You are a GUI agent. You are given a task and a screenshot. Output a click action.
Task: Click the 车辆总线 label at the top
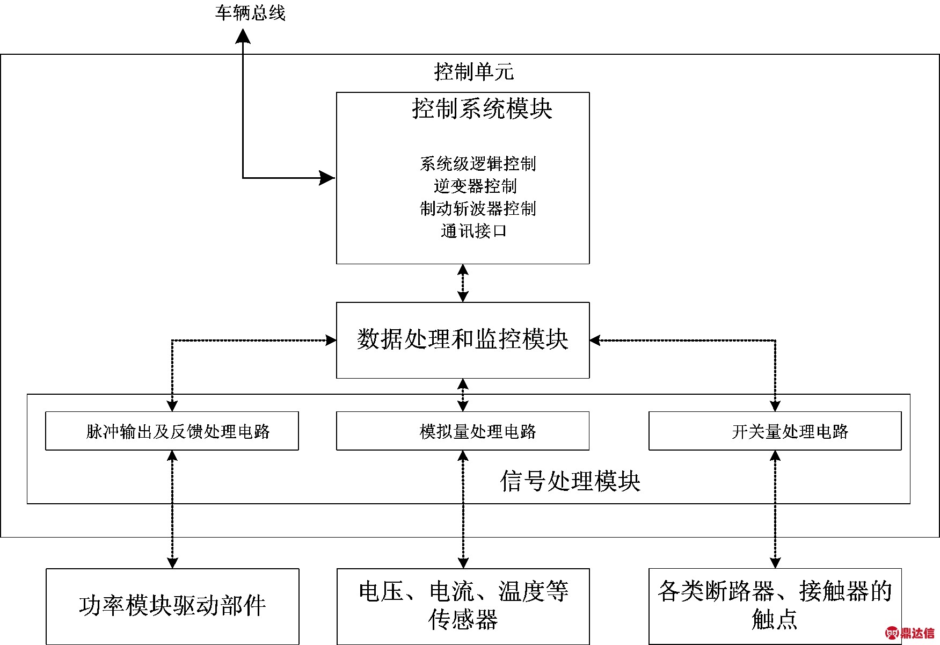[x=250, y=13]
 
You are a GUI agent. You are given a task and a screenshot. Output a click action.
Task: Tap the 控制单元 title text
[x=473, y=72]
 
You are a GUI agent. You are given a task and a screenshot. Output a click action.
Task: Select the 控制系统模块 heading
[x=482, y=109]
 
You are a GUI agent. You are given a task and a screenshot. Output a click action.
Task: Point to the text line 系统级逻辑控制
[x=477, y=164]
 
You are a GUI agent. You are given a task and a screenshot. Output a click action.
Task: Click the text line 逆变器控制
[x=475, y=186]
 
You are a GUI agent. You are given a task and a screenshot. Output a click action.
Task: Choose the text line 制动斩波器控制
[x=477, y=209]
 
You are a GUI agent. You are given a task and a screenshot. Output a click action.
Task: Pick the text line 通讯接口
[x=473, y=231]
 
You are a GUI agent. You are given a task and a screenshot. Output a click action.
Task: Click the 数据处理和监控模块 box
[x=462, y=340]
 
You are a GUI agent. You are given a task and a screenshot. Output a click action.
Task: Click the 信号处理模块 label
[x=570, y=481]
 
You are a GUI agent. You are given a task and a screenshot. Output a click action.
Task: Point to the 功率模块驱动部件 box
[x=172, y=606]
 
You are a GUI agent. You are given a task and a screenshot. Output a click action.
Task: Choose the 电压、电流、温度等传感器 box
[x=463, y=606]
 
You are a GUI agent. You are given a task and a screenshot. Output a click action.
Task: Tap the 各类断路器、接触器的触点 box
[x=775, y=606]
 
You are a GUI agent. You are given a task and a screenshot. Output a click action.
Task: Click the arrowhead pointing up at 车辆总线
[x=243, y=36]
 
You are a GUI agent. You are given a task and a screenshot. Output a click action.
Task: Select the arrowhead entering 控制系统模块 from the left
[x=327, y=178]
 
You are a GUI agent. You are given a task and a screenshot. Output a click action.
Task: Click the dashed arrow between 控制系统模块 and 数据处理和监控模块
[x=463, y=283]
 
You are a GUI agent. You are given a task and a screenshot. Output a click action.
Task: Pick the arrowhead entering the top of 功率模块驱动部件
[x=172, y=562]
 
